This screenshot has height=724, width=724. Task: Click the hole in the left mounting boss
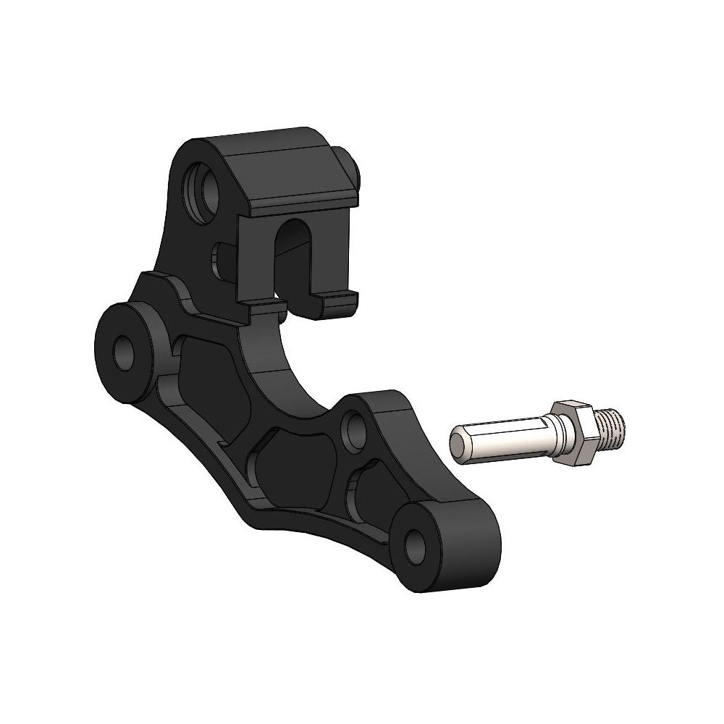[125, 350]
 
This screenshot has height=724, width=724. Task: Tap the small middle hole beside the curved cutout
[355, 429]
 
